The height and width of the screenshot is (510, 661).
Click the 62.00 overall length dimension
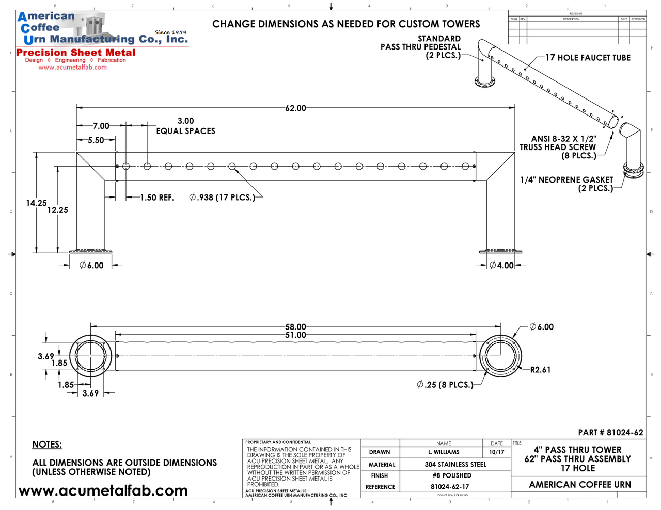[x=295, y=108]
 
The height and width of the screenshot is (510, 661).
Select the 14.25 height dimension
[x=36, y=203]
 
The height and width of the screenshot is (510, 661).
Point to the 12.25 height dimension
[x=57, y=210]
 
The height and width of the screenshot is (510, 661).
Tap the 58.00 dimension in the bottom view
[x=295, y=327]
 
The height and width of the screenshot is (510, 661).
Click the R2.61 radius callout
[x=540, y=370]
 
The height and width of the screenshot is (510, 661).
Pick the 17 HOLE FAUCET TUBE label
[x=588, y=58]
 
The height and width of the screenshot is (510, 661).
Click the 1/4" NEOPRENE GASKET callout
[x=566, y=184]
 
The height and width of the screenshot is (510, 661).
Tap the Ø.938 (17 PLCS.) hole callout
[x=222, y=198]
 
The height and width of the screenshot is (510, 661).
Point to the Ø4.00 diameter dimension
[x=501, y=266]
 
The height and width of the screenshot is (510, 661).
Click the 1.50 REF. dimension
[x=157, y=198]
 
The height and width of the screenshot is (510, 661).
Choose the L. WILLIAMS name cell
[x=444, y=452]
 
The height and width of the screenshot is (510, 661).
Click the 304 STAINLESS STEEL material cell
[x=455, y=465]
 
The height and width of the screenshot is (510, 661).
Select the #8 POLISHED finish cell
[x=452, y=475]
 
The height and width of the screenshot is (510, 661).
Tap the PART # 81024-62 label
[x=610, y=433]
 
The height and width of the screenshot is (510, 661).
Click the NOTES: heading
[x=47, y=445]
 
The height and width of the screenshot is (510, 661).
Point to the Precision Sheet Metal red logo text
[x=76, y=53]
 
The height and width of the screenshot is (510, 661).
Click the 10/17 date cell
[x=496, y=452]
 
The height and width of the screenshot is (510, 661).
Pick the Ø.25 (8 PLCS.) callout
[x=445, y=385]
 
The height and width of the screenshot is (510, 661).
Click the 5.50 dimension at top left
[x=96, y=140]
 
